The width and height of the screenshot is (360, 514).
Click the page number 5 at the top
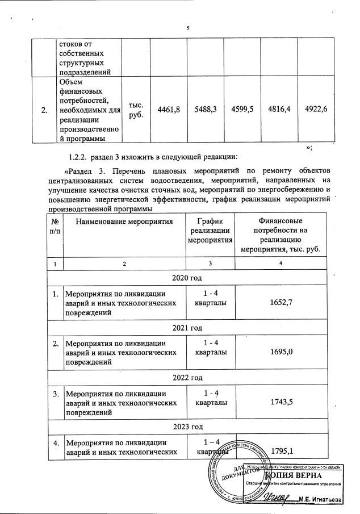(187, 29)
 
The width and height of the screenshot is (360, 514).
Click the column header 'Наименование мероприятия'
(124, 220)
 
